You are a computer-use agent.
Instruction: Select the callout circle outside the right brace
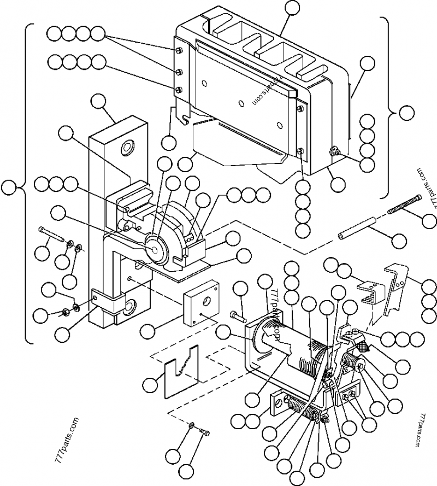click(406, 113)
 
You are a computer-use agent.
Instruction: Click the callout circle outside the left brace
click(8, 188)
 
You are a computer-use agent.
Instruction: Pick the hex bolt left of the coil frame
click(237, 315)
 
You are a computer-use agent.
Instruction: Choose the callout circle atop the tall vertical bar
click(98, 101)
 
